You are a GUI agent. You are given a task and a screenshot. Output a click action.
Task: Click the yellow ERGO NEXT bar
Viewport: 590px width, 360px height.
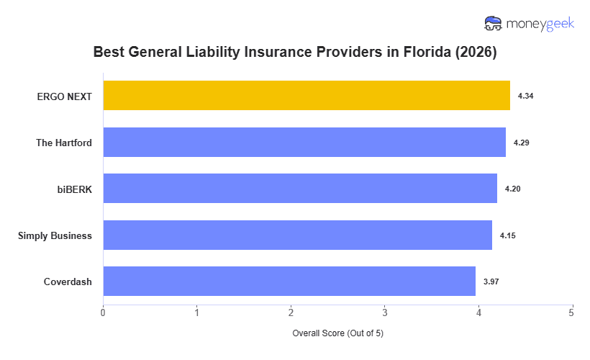[307, 96]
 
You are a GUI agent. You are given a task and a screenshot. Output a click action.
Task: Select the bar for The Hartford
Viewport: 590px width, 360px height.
[304, 143]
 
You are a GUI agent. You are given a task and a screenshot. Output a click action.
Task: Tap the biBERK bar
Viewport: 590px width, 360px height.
[300, 189]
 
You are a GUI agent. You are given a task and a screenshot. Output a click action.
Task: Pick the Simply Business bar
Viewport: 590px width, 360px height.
[298, 235]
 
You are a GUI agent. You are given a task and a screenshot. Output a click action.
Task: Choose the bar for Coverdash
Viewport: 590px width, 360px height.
[289, 282]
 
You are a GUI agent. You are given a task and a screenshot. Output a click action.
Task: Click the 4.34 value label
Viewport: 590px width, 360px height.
[525, 96]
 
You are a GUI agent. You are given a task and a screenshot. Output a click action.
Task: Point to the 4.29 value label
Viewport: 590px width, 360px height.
[521, 143]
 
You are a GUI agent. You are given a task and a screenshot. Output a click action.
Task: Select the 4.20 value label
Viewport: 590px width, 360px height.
[512, 189]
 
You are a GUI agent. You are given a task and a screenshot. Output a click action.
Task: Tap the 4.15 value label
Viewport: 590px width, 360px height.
[507, 235]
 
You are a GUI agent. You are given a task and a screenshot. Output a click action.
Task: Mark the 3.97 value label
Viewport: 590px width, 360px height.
[491, 282]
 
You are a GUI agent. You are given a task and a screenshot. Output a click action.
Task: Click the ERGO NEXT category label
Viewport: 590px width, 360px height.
[65, 96]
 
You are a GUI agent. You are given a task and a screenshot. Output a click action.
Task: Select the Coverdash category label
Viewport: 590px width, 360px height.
[68, 282]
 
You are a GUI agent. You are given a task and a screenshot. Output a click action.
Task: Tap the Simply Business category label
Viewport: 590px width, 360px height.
[55, 235]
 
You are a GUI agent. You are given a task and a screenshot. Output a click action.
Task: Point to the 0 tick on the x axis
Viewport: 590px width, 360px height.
[104, 313]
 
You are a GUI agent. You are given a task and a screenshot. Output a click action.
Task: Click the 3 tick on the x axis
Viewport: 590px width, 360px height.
[385, 313]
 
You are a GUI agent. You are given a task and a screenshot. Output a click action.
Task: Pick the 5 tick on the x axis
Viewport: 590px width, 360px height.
[572, 313]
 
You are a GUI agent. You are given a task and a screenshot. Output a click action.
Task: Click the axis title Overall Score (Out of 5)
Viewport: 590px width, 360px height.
[337, 334]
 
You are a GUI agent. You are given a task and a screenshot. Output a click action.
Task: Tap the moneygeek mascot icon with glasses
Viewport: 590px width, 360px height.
[494, 24]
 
